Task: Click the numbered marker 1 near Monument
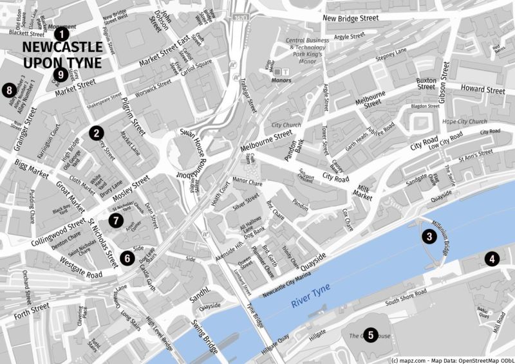(x=61, y=33)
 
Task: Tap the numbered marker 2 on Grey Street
(x=96, y=133)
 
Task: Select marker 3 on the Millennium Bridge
(x=427, y=237)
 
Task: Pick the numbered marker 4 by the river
(x=492, y=259)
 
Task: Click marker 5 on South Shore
(x=370, y=334)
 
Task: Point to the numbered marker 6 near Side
(x=127, y=258)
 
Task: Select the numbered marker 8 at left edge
(x=9, y=90)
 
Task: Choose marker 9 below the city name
(x=61, y=75)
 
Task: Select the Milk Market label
(x=364, y=192)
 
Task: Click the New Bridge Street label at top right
(x=350, y=19)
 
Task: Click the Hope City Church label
(x=464, y=122)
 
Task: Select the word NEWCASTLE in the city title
(x=62, y=48)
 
